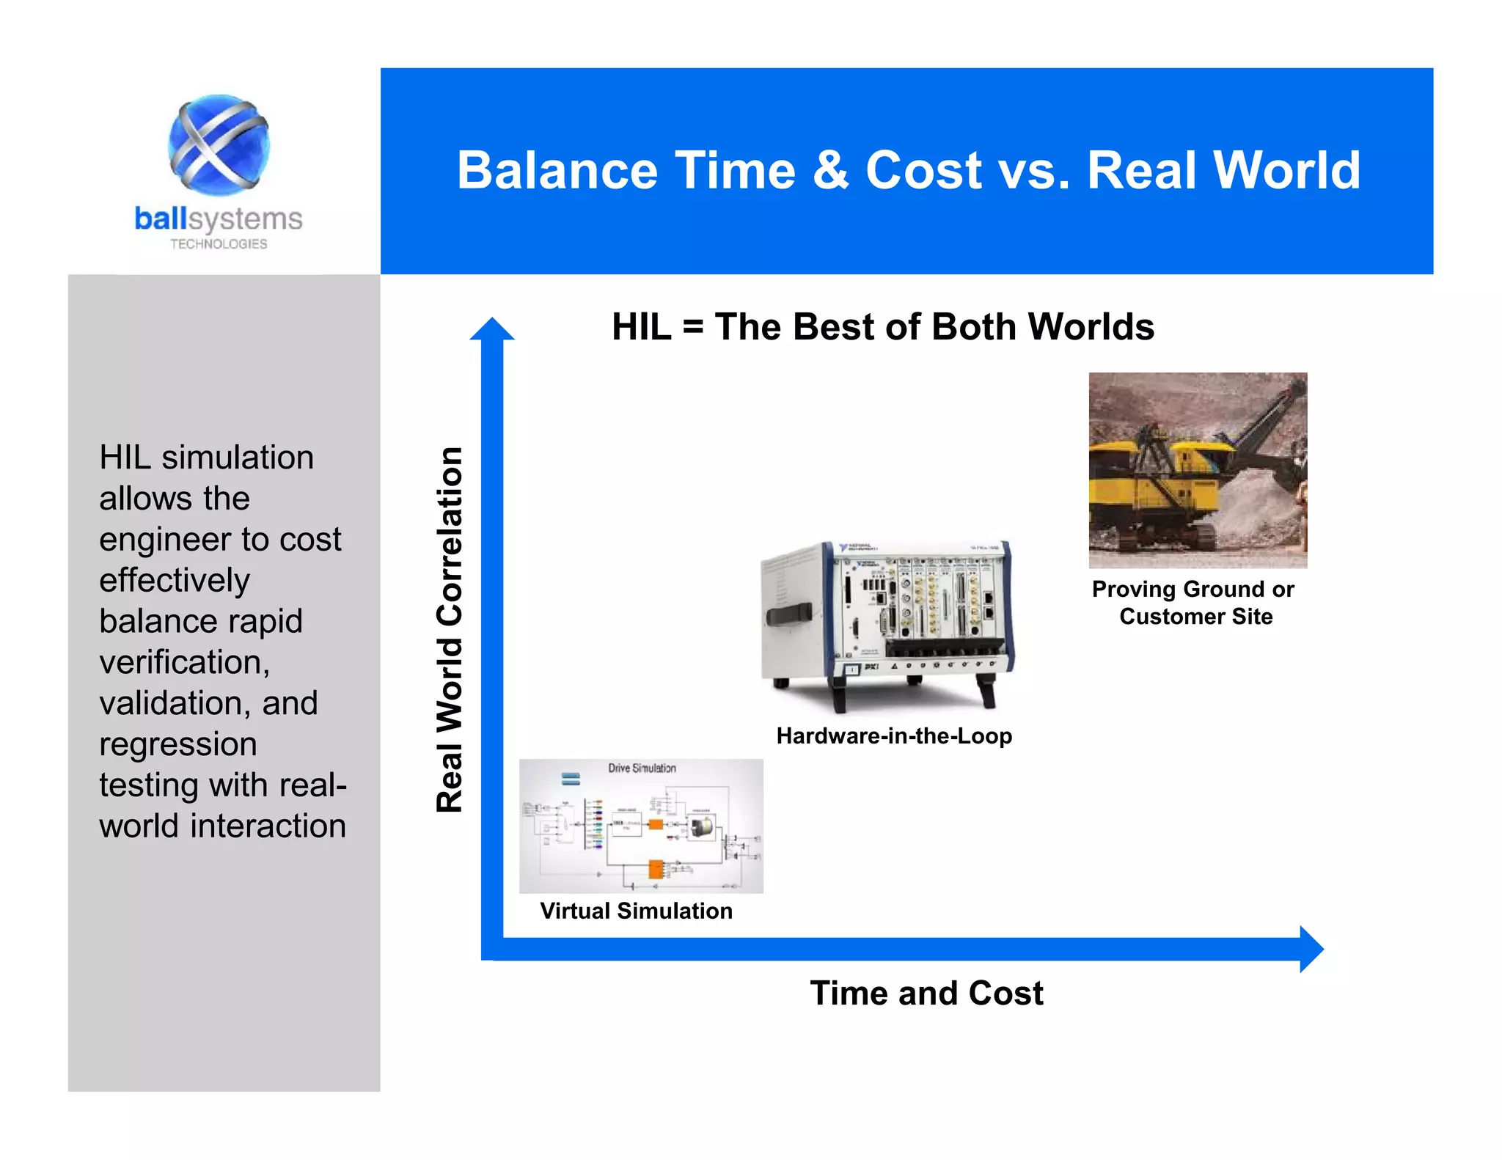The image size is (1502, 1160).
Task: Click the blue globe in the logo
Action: coord(219,144)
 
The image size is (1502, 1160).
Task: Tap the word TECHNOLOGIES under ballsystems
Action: coord(219,244)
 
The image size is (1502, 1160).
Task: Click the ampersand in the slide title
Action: coord(830,170)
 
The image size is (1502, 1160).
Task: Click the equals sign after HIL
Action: coord(692,327)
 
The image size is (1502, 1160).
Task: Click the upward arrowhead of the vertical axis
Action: coord(492,330)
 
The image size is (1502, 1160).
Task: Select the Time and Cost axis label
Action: coord(926,994)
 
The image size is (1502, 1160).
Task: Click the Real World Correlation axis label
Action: coord(450,629)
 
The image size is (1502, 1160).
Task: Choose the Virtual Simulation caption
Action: coord(636,911)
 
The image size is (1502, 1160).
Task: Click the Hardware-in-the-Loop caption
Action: coord(894,735)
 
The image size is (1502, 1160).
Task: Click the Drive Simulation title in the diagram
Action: coord(642,768)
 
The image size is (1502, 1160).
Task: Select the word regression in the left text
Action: coord(178,744)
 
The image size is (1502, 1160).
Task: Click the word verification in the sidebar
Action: coord(184,662)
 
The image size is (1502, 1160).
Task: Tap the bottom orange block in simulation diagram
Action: coord(655,870)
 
